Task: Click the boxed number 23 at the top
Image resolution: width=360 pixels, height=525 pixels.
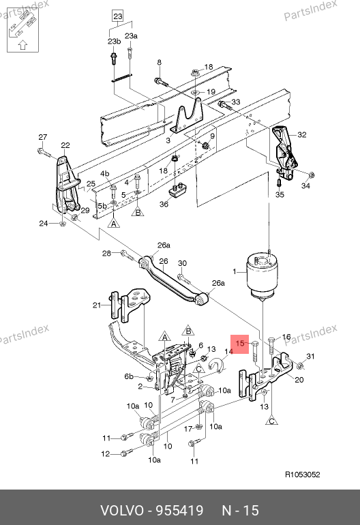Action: [117, 16]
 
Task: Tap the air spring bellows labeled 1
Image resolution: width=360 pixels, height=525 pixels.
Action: [264, 276]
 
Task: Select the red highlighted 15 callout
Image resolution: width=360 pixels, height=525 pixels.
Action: [240, 344]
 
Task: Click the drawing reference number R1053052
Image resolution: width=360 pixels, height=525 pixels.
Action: [303, 475]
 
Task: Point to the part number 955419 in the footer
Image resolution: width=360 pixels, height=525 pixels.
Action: [180, 511]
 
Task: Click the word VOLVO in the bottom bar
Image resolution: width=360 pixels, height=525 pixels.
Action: [122, 511]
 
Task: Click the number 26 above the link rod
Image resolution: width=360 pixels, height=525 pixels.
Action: [164, 261]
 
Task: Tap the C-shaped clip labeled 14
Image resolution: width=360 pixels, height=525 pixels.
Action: [216, 365]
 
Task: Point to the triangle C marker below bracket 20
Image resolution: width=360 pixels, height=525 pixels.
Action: [271, 421]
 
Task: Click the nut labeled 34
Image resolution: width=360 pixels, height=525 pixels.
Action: [312, 175]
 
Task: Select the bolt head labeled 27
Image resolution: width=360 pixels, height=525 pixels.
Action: [41, 151]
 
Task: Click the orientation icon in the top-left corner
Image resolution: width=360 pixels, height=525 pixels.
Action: [22, 30]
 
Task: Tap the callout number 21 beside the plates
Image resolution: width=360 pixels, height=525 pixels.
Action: [96, 305]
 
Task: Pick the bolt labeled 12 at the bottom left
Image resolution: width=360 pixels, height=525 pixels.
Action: [127, 453]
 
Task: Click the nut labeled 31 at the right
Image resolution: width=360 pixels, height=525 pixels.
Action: [301, 365]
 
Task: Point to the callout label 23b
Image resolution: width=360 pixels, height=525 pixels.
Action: [114, 42]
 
